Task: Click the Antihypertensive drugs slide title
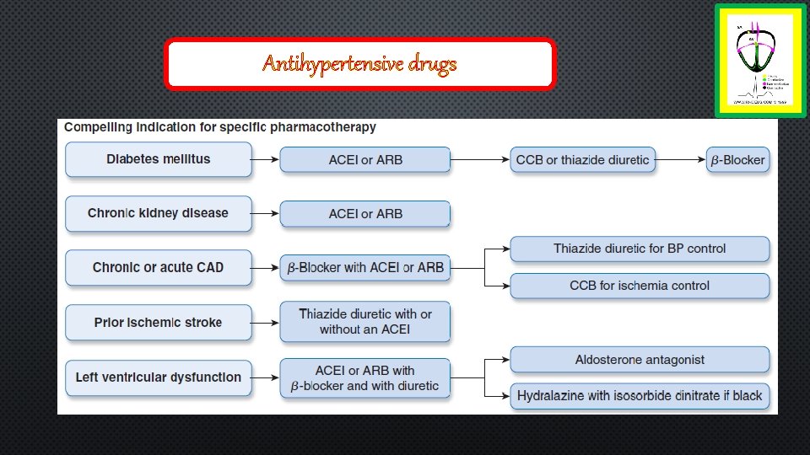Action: [359, 64]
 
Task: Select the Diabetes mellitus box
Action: [159, 159]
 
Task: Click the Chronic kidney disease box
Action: [159, 213]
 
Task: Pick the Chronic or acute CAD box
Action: [159, 267]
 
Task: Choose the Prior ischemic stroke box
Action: [159, 322]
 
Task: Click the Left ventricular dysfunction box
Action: [159, 377]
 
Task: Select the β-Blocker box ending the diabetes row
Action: [737, 160]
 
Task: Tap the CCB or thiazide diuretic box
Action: [582, 160]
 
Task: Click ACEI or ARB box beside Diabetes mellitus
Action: [365, 160]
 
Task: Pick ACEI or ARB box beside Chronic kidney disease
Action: [365, 214]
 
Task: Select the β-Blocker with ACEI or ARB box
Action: [365, 268]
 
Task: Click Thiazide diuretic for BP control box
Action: [640, 249]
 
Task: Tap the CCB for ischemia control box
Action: [640, 286]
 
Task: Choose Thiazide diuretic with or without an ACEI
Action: [365, 322]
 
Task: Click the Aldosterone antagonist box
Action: [640, 360]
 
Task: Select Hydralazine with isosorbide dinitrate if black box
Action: [640, 396]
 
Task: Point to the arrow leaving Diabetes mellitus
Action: [266, 159]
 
